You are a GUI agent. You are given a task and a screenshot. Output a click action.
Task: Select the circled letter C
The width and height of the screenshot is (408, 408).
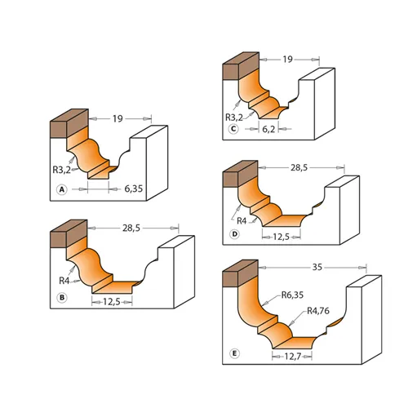click(x=233, y=128)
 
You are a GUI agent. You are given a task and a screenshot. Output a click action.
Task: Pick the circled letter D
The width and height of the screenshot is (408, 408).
click(x=233, y=233)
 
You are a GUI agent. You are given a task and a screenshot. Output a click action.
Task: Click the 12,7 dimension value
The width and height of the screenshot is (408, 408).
click(x=295, y=356)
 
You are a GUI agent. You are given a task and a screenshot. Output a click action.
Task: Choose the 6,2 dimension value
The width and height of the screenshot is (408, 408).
click(x=270, y=128)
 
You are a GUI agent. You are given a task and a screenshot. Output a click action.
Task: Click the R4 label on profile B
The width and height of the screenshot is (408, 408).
click(x=64, y=280)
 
